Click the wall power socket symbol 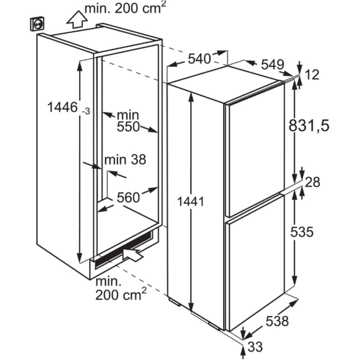38,24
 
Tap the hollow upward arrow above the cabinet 77,20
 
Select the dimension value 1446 62,107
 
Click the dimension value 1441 191,202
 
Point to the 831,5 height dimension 309,126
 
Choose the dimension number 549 273,64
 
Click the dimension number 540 200,59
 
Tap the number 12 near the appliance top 312,75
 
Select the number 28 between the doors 313,182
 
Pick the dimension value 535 302,231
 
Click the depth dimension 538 277,321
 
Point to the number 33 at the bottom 255,347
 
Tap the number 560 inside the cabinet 129,197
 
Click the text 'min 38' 125,159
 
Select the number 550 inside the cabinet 129,127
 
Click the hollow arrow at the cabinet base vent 133,254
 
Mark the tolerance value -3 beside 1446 86,112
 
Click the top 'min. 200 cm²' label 125,8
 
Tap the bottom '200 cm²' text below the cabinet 121,294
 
